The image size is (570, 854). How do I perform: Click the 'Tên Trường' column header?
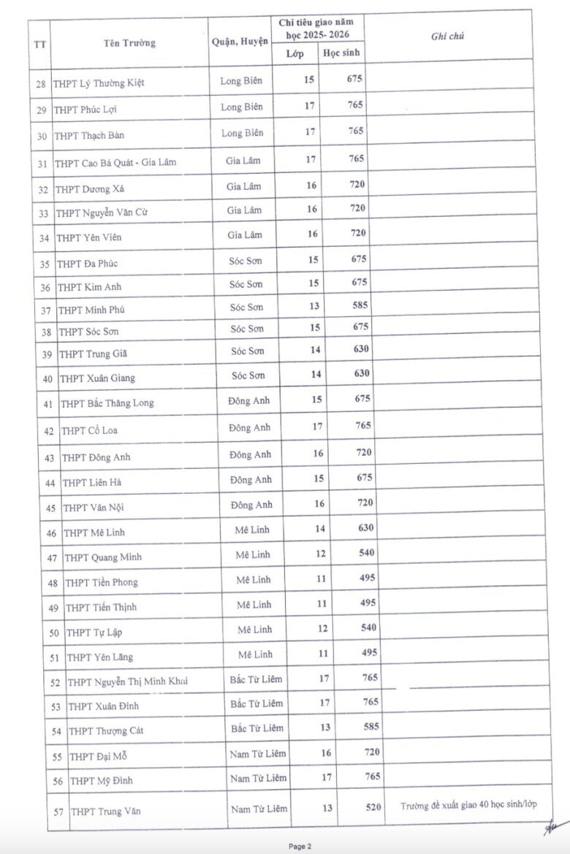pyautogui.click(x=129, y=43)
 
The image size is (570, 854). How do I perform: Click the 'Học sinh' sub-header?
pyautogui.click(x=341, y=53)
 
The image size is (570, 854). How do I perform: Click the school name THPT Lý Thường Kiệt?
pyautogui.click(x=99, y=83)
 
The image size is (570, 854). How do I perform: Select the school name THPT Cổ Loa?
pyautogui.click(x=89, y=430)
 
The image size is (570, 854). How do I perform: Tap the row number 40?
pyautogui.click(x=48, y=378)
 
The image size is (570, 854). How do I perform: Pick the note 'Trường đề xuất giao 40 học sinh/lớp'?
pyautogui.click(x=468, y=805)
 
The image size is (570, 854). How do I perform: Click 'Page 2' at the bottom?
pyautogui.click(x=300, y=846)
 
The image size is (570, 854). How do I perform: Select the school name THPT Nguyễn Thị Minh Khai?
pyautogui.click(x=127, y=682)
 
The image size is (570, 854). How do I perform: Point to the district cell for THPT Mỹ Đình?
pyautogui.click(x=259, y=778)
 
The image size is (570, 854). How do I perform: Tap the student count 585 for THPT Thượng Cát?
pyautogui.click(x=369, y=727)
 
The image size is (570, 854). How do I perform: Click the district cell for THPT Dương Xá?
pyautogui.click(x=244, y=186)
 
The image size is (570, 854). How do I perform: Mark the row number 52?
pyautogui.click(x=54, y=683)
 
